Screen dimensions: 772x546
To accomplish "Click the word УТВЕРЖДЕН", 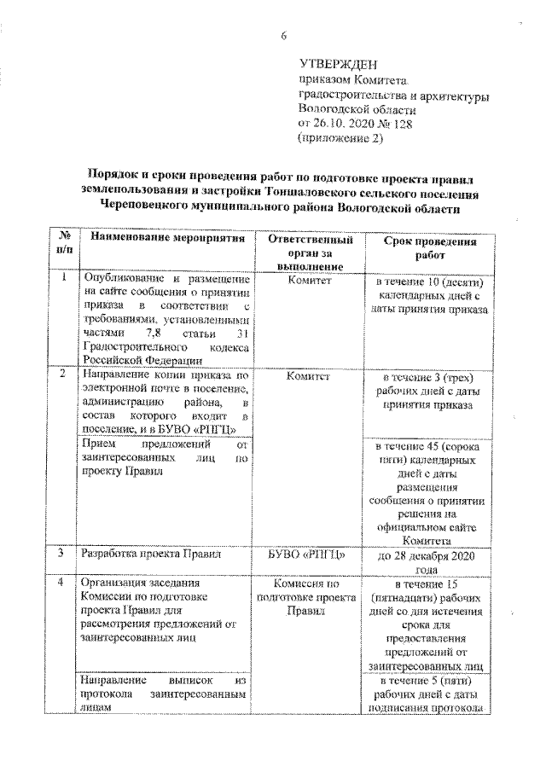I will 337,63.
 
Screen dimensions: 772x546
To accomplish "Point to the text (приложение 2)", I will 334,137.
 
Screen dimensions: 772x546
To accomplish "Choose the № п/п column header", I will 63,244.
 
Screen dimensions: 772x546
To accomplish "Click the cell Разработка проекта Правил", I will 151,554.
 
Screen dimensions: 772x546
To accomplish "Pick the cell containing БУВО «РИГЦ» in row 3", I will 307,554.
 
